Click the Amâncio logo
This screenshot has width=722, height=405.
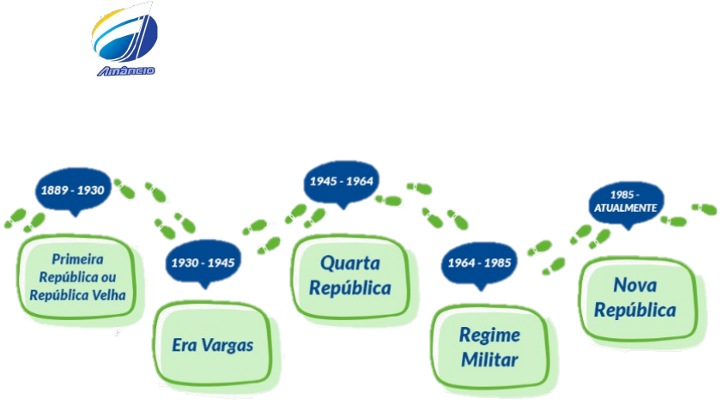coord(125,39)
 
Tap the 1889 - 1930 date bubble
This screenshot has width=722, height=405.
coord(74,190)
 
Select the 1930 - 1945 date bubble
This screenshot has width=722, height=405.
coord(203,262)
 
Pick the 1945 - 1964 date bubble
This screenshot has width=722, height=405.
coord(343,182)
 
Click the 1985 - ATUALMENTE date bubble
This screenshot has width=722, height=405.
coord(626,202)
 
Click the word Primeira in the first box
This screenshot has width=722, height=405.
coord(77,258)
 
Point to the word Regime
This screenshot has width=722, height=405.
coord(489,335)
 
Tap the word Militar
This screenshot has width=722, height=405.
coord(489,360)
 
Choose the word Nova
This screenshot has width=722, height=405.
coord(636,285)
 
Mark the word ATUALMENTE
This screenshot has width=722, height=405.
coord(626,209)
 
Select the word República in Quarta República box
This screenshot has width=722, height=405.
coord(349,287)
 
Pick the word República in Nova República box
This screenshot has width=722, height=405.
coord(636,310)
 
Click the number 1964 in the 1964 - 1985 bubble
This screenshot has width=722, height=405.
coord(461,263)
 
